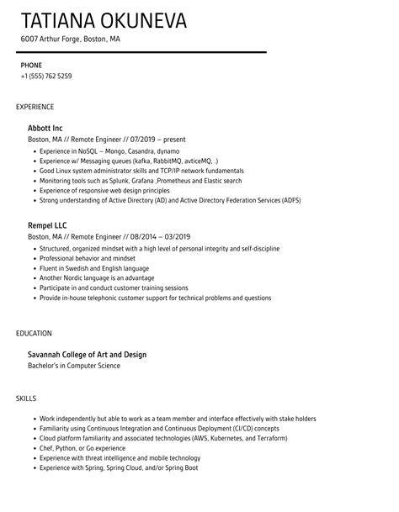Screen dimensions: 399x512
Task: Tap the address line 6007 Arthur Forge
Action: click(71, 39)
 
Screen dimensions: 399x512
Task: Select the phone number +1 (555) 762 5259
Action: click(46, 77)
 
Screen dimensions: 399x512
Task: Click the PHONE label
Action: click(31, 65)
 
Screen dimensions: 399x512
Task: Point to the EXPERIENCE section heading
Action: click(35, 107)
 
